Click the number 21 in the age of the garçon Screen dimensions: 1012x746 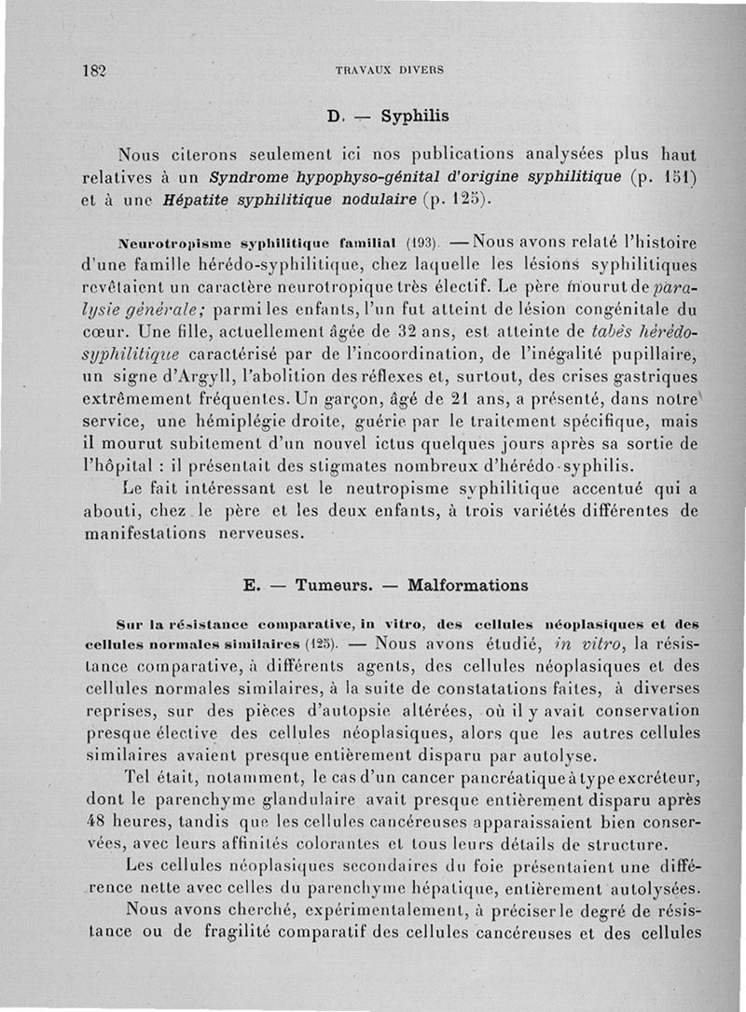pyautogui.click(x=476, y=421)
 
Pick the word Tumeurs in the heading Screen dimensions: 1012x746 pyautogui.click(x=334, y=586)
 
